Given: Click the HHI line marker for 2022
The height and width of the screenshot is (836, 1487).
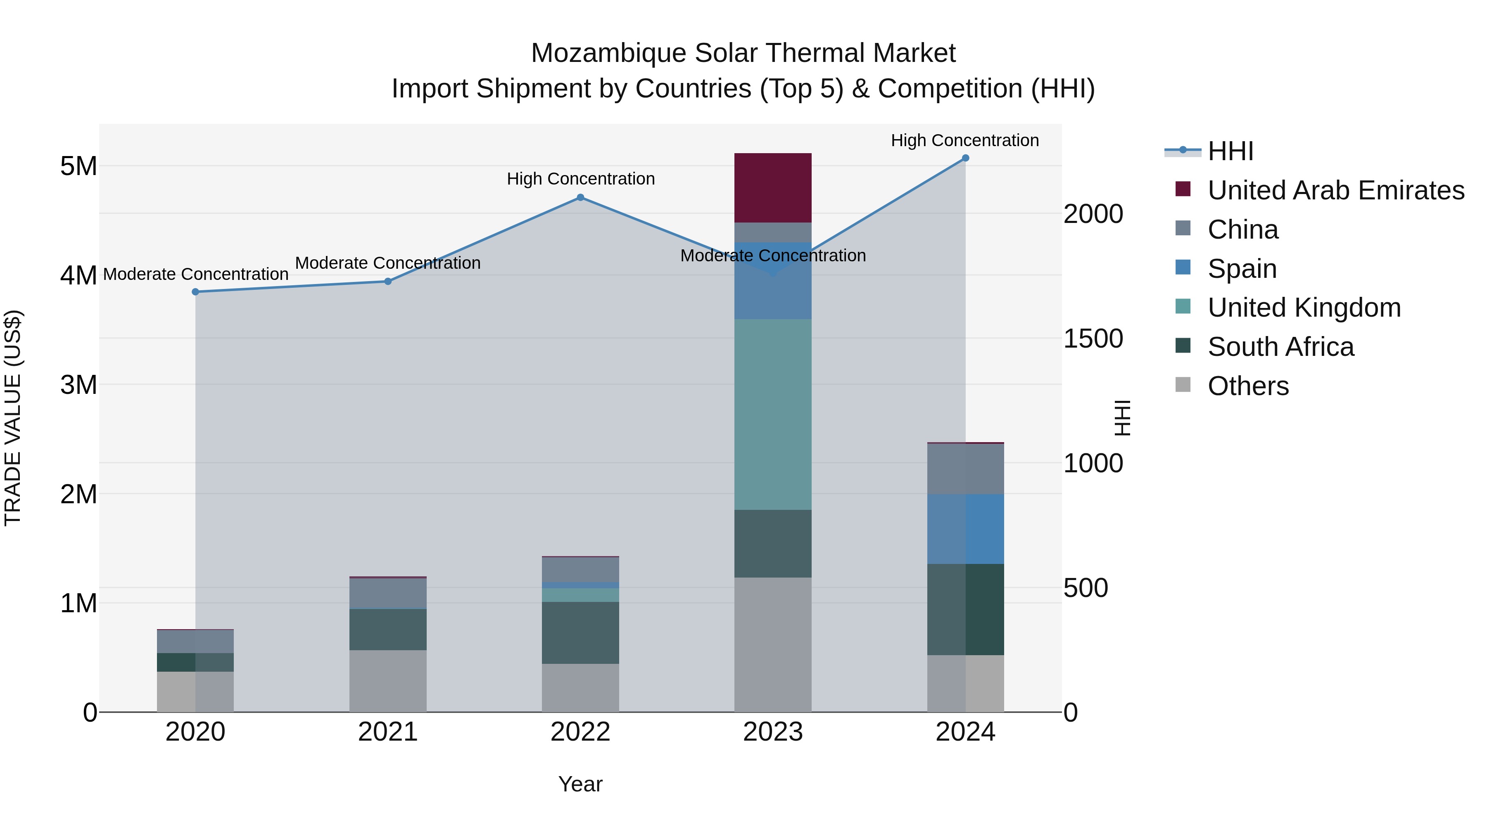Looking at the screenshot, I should pyautogui.click(x=580, y=197).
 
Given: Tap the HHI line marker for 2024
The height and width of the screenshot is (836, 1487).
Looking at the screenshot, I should pyautogui.click(x=965, y=158).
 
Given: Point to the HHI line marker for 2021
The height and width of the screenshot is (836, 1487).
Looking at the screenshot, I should pyautogui.click(x=388, y=282).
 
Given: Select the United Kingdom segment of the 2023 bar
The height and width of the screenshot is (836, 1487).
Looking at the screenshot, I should pyautogui.click(x=772, y=414).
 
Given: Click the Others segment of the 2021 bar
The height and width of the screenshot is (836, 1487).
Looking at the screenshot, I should pyautogui.click(x=388, y=681).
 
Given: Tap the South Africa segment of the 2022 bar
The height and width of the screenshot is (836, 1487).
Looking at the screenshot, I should pyautogui.click(x=580, y=632).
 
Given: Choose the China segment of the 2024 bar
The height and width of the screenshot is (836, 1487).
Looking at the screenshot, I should pyautogui.click(x=965, y=469).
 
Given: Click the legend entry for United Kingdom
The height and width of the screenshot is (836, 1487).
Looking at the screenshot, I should pyautogui.click(x=1304, y=308).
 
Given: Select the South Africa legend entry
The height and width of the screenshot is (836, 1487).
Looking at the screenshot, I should pyautogui.click(x=1280, y=347).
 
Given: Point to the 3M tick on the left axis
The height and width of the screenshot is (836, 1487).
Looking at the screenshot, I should pyautogui.click(x=79, y=385).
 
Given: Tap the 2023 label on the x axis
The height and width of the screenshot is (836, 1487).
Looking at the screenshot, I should pyautogui.click(x=772, y=732).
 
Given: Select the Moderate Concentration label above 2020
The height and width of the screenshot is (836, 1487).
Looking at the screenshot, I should pyautogui.click(x=196, y=274).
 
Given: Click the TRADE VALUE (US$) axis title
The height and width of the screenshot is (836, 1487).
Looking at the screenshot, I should pyautogui.click(x=13, y=418).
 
